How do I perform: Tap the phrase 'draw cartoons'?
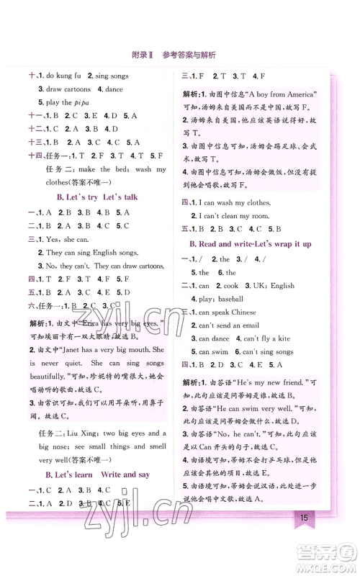(69, 89)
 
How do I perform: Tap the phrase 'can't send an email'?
(231, 325)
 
